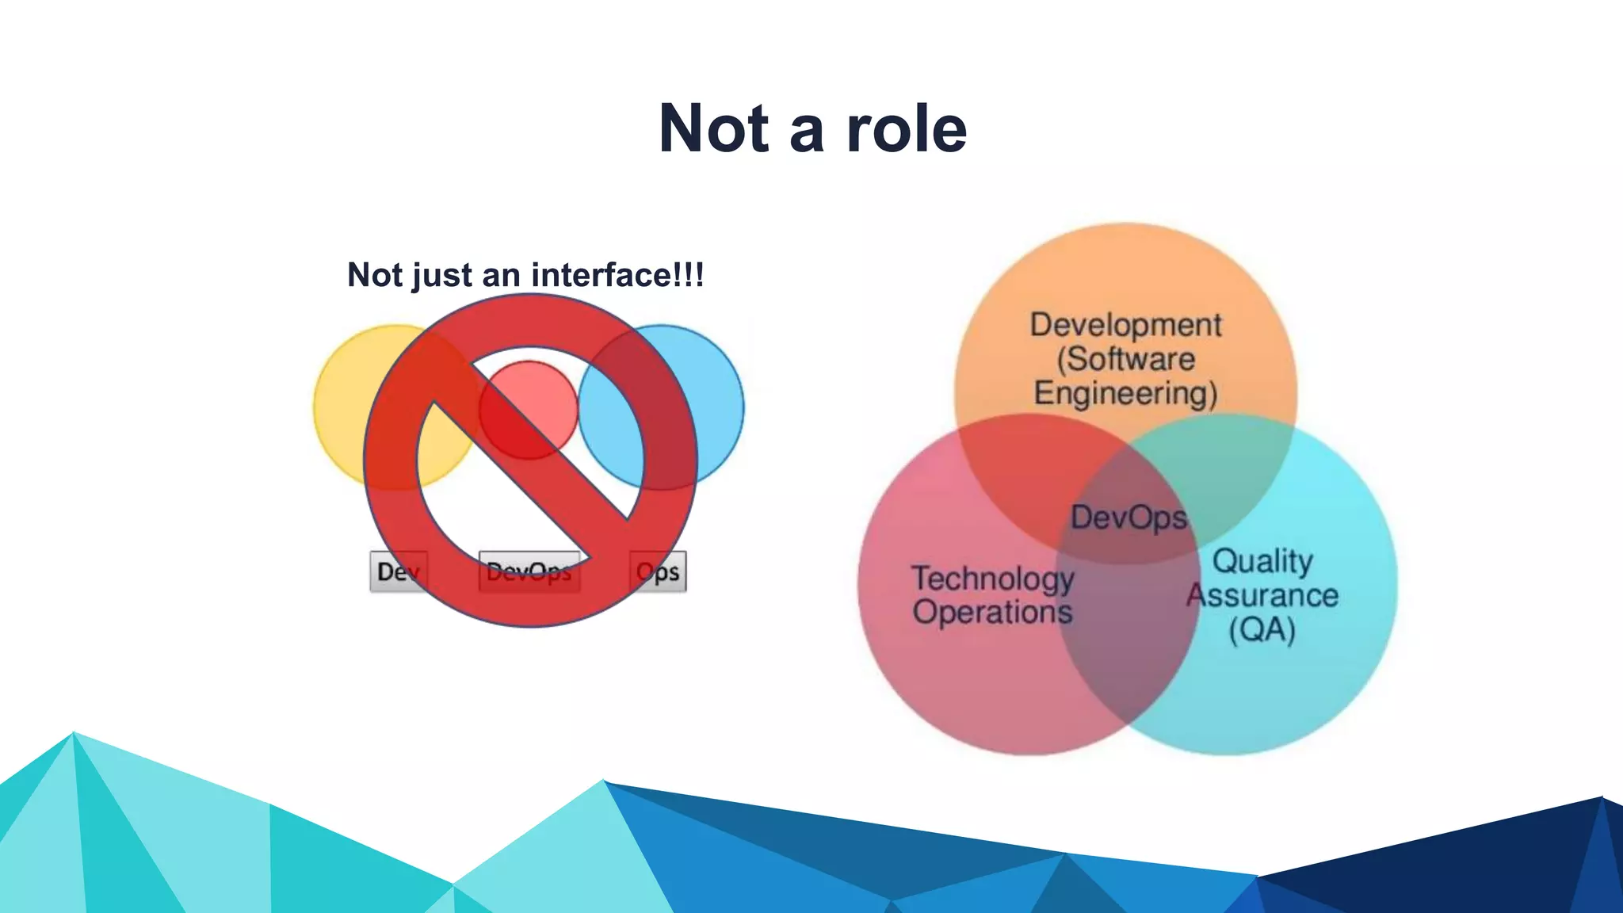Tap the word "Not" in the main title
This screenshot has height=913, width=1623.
(x=714, y=129)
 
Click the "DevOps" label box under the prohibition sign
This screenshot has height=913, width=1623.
(x=529, y=571)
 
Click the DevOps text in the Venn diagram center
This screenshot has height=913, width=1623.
(x=1128, y=518)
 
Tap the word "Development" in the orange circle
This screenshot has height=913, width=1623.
(x=1125, y=325)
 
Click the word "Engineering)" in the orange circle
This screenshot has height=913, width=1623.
(x=1125, y=394)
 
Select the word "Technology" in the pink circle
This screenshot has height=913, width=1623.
(x=992, y=579)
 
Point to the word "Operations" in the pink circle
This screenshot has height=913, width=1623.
(x=992, y=613)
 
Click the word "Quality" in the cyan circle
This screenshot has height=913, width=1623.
(x=1262, y=561)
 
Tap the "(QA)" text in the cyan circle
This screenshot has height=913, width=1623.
(x=1262, y=630)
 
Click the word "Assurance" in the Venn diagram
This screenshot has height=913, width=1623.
(x=1262, y=595)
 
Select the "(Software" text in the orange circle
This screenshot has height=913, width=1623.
(x=1125, y=360)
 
